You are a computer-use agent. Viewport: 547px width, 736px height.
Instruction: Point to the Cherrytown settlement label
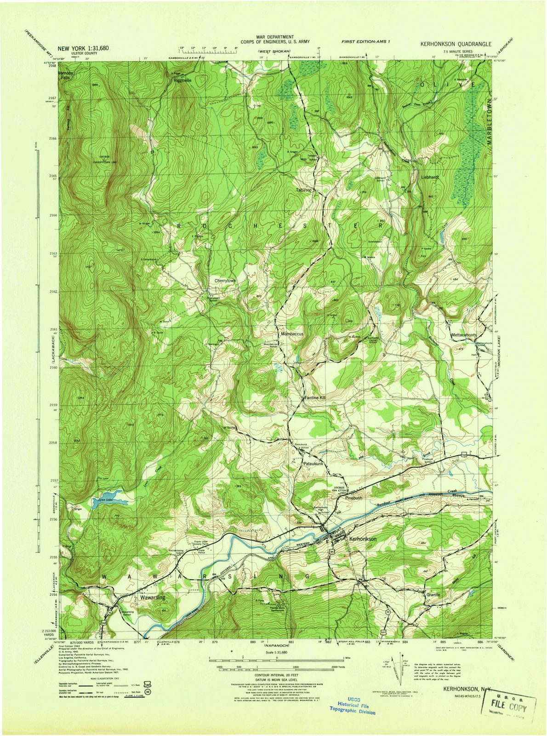click(x=225, y=280)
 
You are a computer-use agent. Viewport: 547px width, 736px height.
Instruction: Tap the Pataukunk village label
click(x=314, y=465)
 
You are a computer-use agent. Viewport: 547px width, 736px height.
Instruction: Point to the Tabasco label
click(x=303, y=190)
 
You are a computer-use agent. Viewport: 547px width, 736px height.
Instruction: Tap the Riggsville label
click(x=182, y=80)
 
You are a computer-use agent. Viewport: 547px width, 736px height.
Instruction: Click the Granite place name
click(x=433, y=594)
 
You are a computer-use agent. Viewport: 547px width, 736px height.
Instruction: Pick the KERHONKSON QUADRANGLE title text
click(x=455, y=44)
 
